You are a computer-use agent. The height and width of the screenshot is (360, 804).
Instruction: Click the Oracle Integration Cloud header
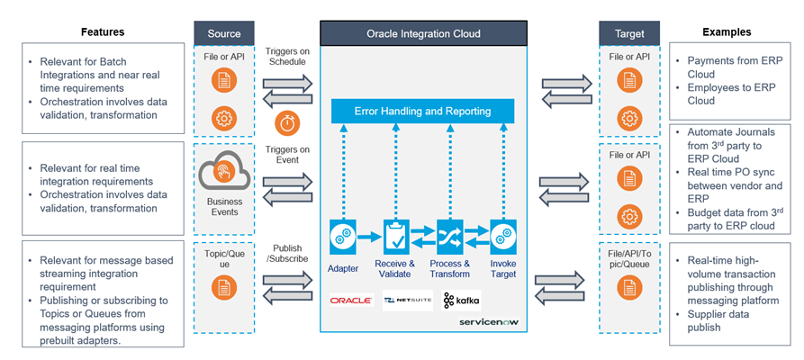(x=423, y=34)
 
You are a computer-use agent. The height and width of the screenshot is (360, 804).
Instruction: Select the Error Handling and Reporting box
(x=423, y=111)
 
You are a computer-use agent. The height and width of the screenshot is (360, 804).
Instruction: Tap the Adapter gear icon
(x=342, y=235)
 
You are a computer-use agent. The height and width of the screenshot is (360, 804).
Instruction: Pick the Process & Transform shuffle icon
(x=449, y=235)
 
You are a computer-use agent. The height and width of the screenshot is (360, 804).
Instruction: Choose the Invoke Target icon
(x=502, y=235)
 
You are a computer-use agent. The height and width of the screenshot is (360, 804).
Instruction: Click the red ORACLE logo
(x=350, y=300)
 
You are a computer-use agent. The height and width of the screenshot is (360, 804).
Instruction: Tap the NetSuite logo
(x=407, y=300)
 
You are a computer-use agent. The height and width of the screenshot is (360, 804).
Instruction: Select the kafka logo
(x=462, y=299)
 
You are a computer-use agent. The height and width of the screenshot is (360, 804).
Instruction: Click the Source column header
(x=224, y=34)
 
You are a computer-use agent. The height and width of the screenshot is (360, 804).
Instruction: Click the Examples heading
(x=727, y=32)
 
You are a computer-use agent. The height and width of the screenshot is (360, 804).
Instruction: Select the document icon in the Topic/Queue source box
(x=224, y=288)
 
